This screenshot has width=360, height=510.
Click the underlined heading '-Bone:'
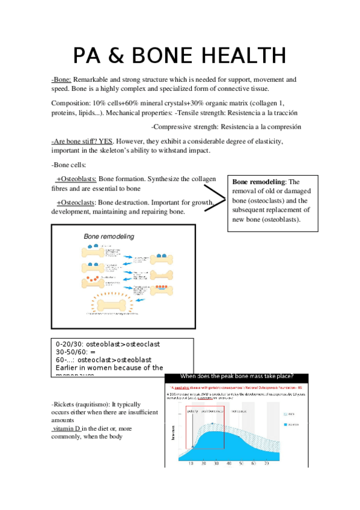point(62,79)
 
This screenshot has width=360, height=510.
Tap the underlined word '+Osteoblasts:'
point(76,179)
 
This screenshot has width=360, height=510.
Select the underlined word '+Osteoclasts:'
point(76,203)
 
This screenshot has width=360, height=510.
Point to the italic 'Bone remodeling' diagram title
point(109,236)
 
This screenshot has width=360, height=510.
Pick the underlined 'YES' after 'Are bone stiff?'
point(106,141)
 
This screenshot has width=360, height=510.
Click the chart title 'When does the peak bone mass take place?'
point(237,376)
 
